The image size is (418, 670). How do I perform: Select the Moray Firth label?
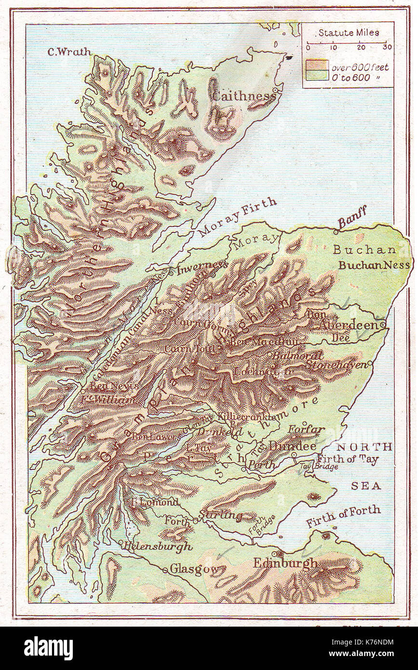tap(238, 216)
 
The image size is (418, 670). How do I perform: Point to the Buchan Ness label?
tap(374, 265)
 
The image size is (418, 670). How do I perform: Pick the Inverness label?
tap(202, 268)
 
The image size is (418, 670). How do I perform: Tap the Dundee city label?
tap(292, 446)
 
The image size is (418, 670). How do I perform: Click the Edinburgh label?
tap(285, 563)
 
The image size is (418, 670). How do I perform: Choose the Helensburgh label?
tap(156, 547)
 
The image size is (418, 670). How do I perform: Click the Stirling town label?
tap(220, 515)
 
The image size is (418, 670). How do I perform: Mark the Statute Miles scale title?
tap(348, 33)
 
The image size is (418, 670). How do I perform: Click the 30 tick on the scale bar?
tap(387, 47)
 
